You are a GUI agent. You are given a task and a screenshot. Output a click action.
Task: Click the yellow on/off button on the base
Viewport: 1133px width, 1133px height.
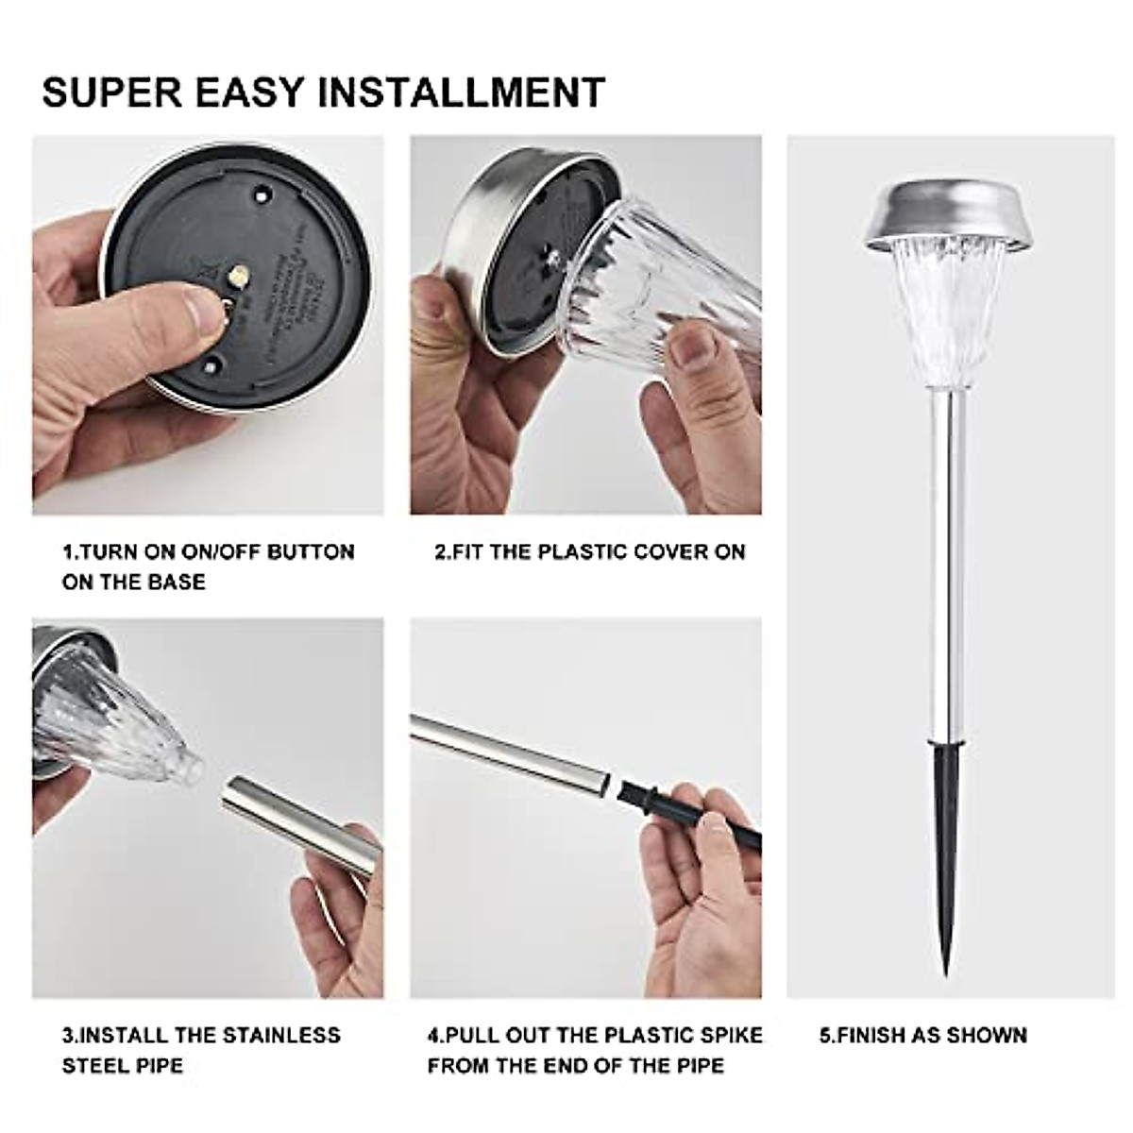point(239,275)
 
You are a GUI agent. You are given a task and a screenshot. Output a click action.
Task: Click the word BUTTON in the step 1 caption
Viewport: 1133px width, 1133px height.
point(311,551)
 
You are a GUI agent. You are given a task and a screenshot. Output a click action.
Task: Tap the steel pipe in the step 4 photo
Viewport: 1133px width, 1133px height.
point(510,751)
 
